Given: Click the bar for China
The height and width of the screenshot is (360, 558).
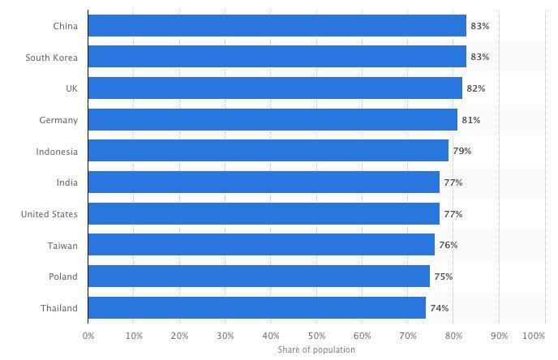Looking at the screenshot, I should (277, 26).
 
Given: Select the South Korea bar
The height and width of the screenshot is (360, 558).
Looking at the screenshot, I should (277, 57).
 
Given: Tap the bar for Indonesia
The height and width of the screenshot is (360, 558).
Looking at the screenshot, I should (268, 151).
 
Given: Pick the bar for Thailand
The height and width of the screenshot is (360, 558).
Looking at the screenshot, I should (256, 308).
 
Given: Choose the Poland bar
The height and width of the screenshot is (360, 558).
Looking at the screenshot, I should (259, 276).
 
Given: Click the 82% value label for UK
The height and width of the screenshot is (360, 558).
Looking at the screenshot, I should (475, 88).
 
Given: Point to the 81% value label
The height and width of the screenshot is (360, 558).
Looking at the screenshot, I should (471, 120).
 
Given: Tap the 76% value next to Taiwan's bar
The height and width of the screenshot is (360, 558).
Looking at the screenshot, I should (449, 245).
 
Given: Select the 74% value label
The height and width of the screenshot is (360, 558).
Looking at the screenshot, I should (439, 308).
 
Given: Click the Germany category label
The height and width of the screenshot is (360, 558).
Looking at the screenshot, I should (58, 120).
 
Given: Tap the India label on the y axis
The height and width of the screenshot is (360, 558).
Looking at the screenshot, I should (67, 182).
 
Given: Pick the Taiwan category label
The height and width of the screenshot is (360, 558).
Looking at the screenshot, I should (64, 245).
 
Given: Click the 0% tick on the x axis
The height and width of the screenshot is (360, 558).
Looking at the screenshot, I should (88, 335).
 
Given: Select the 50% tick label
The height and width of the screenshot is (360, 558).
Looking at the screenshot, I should (316, 335).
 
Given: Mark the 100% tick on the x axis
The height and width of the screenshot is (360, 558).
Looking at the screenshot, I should (534, 335).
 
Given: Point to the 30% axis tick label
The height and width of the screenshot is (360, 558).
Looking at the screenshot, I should (225, 335).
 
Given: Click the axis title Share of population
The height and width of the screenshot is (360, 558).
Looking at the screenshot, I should (316, 349).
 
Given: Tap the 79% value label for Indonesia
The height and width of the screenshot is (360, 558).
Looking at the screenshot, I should (461, 151).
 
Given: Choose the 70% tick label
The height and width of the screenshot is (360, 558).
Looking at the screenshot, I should (408, 335).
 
